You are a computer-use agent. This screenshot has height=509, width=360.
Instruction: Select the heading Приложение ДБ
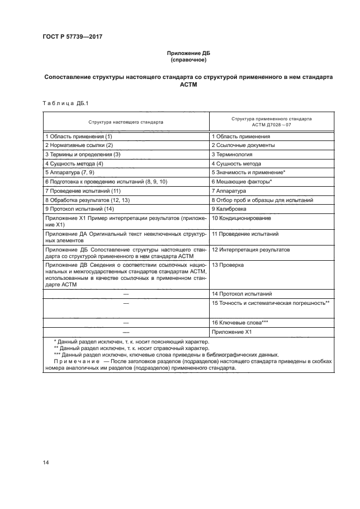(x=187, y=53)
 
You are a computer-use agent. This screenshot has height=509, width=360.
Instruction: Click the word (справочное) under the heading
(x=187, y=60)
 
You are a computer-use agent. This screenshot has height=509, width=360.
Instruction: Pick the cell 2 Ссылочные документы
(x=243, y=145)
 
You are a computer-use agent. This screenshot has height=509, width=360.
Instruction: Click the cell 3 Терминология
(x=231, y=155)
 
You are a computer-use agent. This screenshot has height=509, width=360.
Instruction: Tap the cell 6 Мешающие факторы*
(x=241, y=181)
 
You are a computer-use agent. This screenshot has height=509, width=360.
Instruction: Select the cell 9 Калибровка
(x=229, y=209)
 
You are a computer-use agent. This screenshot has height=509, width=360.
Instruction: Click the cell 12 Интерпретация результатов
(x=251, y=250)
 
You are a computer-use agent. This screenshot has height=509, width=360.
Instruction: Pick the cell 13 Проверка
(x=228, y=266)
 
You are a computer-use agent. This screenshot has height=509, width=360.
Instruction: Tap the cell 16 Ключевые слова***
(x=240, y=323)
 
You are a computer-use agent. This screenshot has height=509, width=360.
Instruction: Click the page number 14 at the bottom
(x=46, y=463)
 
